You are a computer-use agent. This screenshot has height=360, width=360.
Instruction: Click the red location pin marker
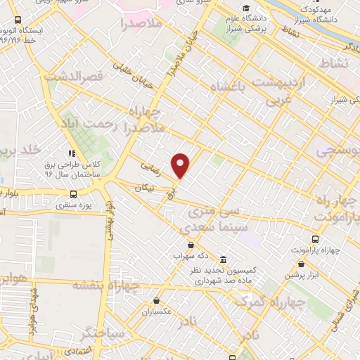pos(181,165)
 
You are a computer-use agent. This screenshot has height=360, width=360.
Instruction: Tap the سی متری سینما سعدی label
pos(207,219)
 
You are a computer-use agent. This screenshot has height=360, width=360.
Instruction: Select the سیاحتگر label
pos(103,331)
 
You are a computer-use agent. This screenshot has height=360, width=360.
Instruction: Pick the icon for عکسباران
pos(155,300)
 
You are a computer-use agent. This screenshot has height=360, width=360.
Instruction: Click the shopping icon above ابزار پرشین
pos(302,264)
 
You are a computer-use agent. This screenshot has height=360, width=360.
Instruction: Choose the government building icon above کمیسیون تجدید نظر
pos(223,259)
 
